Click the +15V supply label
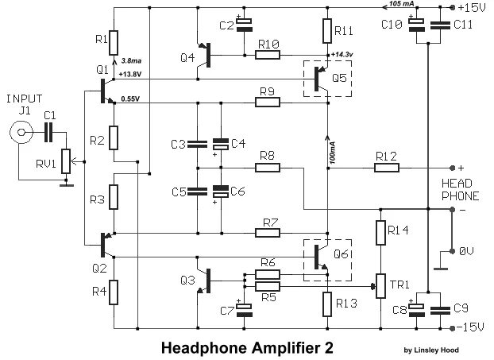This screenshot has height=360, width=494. [x=470, y=7]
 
